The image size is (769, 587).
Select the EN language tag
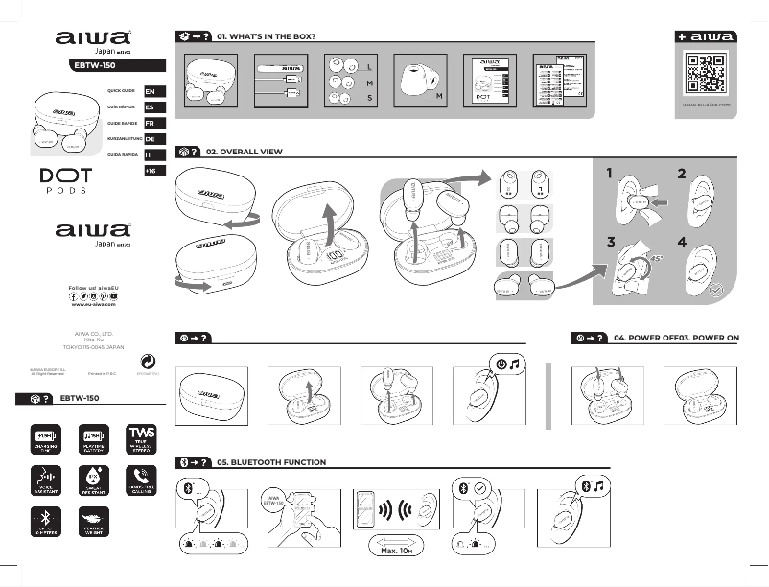pyautogui.click(x=150, y=92)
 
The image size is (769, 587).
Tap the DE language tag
pyautogui.click(x=150, y=139)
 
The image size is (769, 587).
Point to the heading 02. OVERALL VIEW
pyautogui.click(x=251, y=152)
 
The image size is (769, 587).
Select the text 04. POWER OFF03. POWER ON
pyautogui.click(x=676, y=339)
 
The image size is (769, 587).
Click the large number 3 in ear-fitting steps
pyautogui.click(x=611, y=242)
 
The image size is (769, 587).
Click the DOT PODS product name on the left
pyautogui.click(x=66, y=180)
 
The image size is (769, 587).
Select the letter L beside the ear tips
pyautogui.click(x=369, y=68)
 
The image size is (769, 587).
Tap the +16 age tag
pyautogui.click(x=150, y=170)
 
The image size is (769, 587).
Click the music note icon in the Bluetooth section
pyautogui.click(x=598, y=486)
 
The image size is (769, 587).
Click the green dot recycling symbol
pyautogui.click(x=148, y=361)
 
